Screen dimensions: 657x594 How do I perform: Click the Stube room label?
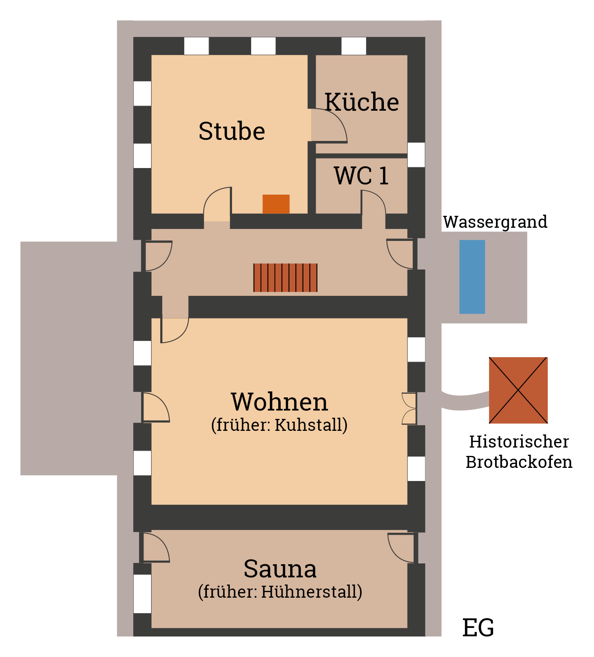tap(232, 131)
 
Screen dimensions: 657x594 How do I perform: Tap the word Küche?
tap(362, 102)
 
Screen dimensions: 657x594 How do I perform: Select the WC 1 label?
tap(361, 176)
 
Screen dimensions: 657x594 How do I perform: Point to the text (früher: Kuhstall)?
tap(279, 425)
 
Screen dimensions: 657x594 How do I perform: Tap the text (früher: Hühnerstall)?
tap(280, 592)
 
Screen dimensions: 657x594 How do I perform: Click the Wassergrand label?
tap(495, 222)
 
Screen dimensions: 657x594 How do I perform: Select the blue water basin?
tap(472, 277)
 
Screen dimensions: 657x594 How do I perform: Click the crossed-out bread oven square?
tap(518, 390)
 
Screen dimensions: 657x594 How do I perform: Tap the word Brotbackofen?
tap(519, 462)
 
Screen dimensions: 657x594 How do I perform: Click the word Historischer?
tap(519, 442)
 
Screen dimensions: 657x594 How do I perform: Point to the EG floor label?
tap(478, 628)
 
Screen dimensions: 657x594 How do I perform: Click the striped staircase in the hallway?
tap(285, 278)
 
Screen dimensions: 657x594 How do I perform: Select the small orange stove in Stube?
tap(276, 204)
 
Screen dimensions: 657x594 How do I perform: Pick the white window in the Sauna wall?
tap(142, 593)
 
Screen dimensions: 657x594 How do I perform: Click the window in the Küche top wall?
tap(354, 46)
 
